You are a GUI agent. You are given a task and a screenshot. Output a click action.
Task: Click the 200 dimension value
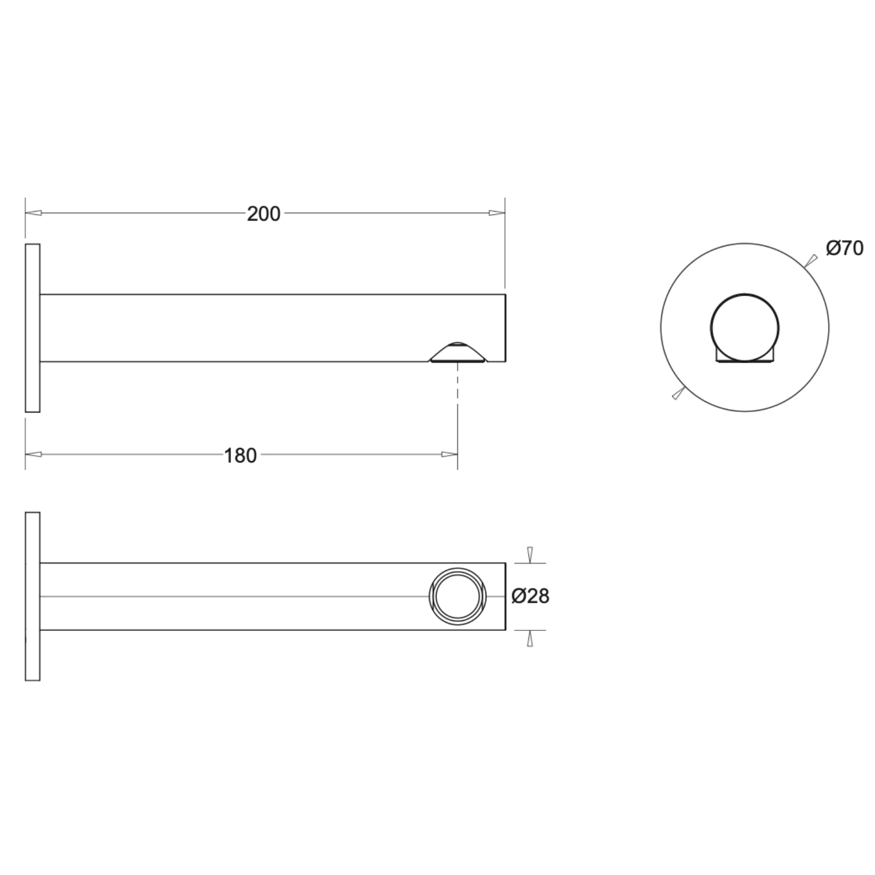click(263, 214)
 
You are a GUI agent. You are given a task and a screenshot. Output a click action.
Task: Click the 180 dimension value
click(240, 456)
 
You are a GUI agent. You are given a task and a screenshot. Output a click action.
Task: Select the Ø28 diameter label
click(530, 597)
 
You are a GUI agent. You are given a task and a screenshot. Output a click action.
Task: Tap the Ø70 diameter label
click(844, 248)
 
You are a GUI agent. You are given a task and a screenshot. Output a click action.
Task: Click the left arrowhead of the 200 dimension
click(34, 213)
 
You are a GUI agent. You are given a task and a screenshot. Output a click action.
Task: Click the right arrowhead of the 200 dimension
click(497, 213)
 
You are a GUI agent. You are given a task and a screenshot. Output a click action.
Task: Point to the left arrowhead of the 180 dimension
click(34, 454)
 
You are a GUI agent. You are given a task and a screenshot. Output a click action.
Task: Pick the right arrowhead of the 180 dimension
click(450, 454)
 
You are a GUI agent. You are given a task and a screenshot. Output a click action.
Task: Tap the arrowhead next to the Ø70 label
click(811, 260)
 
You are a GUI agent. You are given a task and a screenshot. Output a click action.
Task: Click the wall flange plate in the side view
click(32, 328)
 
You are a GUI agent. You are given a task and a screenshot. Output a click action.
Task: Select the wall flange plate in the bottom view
click(32, 597)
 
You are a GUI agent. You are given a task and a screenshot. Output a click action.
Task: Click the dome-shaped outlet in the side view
click(458, 353)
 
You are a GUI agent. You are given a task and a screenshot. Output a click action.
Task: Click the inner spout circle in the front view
click(745, 327)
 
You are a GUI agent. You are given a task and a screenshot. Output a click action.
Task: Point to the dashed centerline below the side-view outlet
click(458, 403)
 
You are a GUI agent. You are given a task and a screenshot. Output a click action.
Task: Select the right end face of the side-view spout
click(506, 328)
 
